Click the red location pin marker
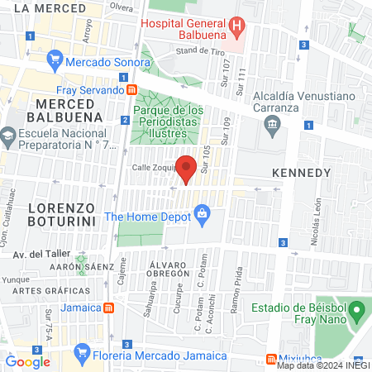(187, 168)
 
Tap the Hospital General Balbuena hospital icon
(237, 25)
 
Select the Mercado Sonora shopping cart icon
(55, 60)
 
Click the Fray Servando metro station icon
(131, 89)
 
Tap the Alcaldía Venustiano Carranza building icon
(271, 125)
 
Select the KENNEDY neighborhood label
(301, 174)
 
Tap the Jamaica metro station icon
(108, 308)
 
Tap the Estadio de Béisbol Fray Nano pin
(356, 313)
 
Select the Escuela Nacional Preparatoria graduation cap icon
(8, 135)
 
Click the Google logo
(28, 361)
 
